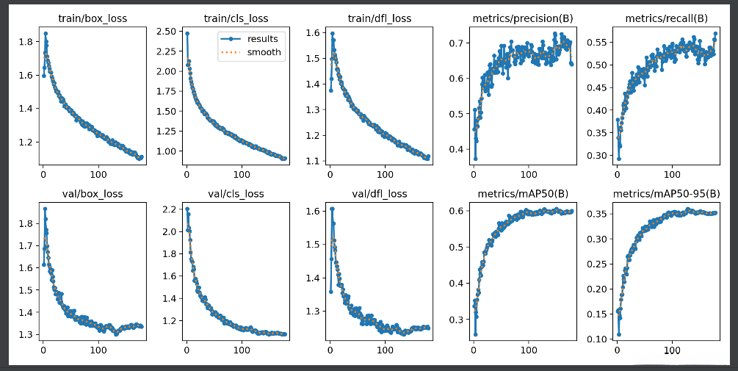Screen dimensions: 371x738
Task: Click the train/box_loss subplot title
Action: pyautogui.click(x=92, y=18)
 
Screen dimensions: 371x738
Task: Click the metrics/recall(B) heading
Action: pyautogui.click(x=666, y=18)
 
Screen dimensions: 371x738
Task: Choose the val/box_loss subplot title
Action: pyautogui.click(x=92, y=195)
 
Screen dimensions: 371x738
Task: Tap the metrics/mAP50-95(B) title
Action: pyautogui.click(x=666, y=195)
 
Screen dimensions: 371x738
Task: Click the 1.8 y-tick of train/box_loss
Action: pyautogui.click(x=25, y=42)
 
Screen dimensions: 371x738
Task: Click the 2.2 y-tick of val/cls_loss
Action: pyautogui.click(x=168, y=209)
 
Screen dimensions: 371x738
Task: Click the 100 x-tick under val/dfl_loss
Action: pyautogui.click(x=384, y=350)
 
